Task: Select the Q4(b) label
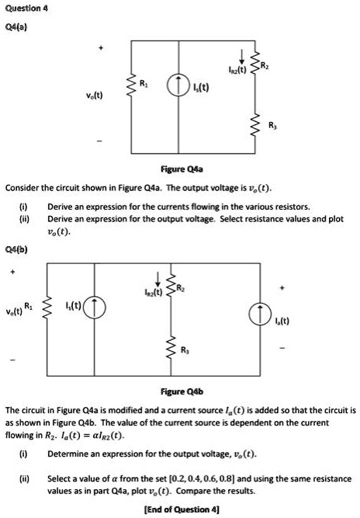16,250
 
